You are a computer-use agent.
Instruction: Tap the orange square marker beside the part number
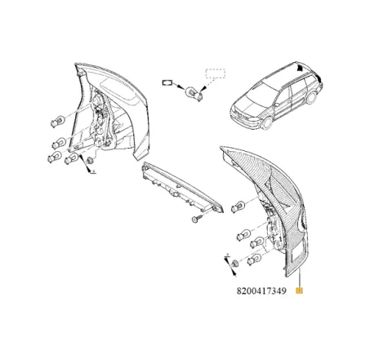tap(301, 290)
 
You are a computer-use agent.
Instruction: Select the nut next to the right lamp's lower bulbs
tap(233, 263)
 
